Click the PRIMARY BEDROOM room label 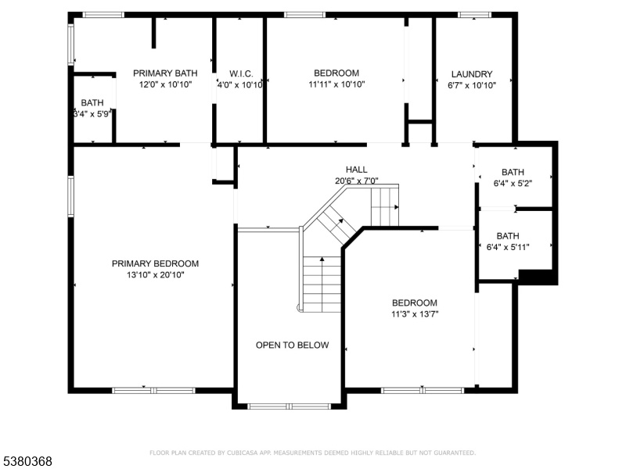pyautogui.click(x=155, y=263)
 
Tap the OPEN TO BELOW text pyautogui.click(x=292, y=345)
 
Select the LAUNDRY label pyautogui.click(x=472, y=74)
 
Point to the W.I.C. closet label pyautogui.click(x=241, y=73)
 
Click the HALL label pyautogui.click(x=357, y=170)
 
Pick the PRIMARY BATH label pyautogui.click(x=165, y=73)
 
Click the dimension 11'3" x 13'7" pyautogui.click(x=415, y=314)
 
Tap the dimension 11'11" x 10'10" pyautogui.click(x=336, y=84)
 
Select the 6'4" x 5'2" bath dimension pyautogui.click(x=513, y=183)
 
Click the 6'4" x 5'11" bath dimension pyautogui.click(x=508, y=247)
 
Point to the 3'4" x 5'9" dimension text pyautogui.click(x=92, y=113)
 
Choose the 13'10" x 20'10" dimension pyautogui.click(x=156, y=275)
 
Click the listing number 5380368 pyautogui.click(x=27, y=461)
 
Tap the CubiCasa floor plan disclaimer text pyautogui.click(x=312, y=453)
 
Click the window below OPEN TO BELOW pyautogui.click(x=289, y=406)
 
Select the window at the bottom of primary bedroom pyautogui.click(x=153, y=390)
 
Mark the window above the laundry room pyautogui.click(x=474, y=15)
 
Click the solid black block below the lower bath pyautogui.click(x=538, y=277)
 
